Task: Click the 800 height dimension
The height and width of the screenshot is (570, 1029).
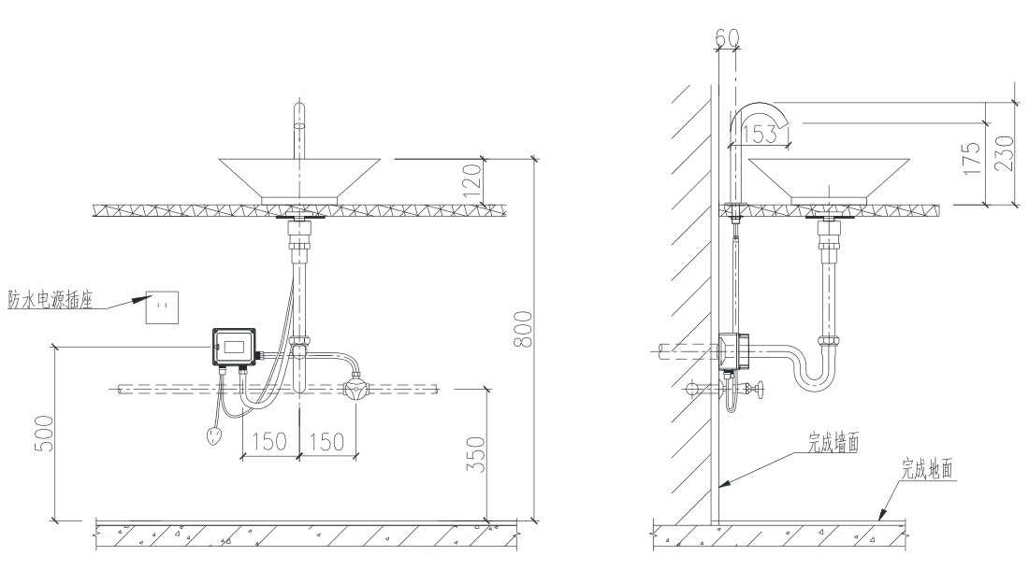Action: (x=524, y=330)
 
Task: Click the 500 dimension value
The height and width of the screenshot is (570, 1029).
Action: (x=44, y=433)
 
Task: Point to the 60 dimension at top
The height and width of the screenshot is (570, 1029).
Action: (x=727, y=38)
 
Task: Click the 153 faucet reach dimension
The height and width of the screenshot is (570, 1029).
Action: (x=760, y=135)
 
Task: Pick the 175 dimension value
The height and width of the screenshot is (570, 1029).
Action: (x=972, y=157)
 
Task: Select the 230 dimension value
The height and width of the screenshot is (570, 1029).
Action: (x=1004, y=153)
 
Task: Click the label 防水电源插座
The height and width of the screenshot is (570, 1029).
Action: (x=50, y=299)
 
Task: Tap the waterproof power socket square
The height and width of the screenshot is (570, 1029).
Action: (x=162, y=306)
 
